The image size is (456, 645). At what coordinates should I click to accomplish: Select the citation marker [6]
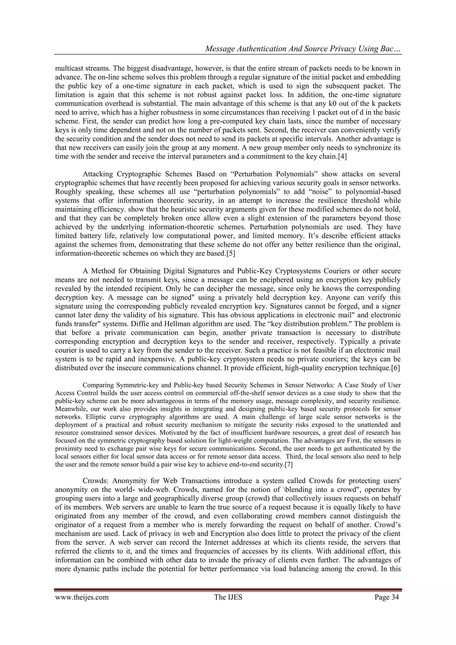[x=395, y=368]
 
